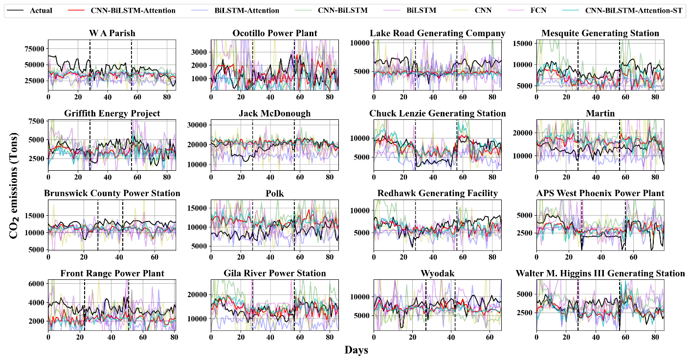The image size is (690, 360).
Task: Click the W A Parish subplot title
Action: (112, 33)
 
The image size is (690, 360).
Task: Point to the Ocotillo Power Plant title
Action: (275, 33)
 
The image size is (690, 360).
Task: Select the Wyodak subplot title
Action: (437, 273)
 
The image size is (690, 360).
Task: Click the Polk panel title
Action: (275, 194)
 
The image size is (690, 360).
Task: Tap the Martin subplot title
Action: (600, 113)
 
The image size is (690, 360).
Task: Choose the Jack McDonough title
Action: (275, 113)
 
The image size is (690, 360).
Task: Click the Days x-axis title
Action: (356, 350)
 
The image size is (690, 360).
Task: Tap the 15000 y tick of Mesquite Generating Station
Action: (523, 44)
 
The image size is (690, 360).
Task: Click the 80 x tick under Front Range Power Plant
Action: (173, 338)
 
